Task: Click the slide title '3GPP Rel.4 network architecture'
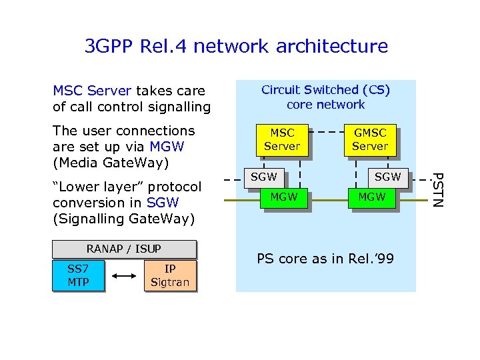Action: coord(236,46)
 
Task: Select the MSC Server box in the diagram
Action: coord(282,139)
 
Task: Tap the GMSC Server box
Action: coord(370,139)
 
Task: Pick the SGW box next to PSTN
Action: coord(387,177)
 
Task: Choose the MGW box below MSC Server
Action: coord(284,197)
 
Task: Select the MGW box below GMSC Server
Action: coord(371,197)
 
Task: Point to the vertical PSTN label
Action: coord(437,189)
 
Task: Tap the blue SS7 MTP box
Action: coord(78,275)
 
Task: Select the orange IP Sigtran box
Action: coord(170,275)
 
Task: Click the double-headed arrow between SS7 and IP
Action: coord(125,275)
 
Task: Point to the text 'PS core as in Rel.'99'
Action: coord(325,259)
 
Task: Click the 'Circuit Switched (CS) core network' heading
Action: coord(325,97)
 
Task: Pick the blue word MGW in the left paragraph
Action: coord(167,146)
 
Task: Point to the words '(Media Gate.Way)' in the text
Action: coord(111,162)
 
